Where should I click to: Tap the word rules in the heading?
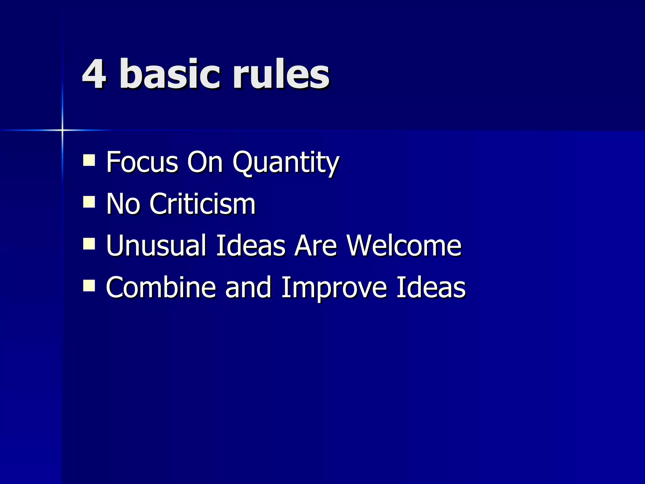coord(281,74)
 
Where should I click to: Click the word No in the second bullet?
coord(123,204)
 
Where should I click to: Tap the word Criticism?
coord(203,204)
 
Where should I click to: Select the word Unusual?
coord(156,246)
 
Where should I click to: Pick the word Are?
coord(316,246)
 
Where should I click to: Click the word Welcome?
coord(404,246)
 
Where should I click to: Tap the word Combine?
coord(161,287)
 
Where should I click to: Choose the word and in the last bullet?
coord(248,287)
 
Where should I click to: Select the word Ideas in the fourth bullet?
coord(431,287)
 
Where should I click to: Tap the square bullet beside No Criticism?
coord(89,202)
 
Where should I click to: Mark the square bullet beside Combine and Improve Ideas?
coord(89,286)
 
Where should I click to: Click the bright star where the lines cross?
coord(62,130)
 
